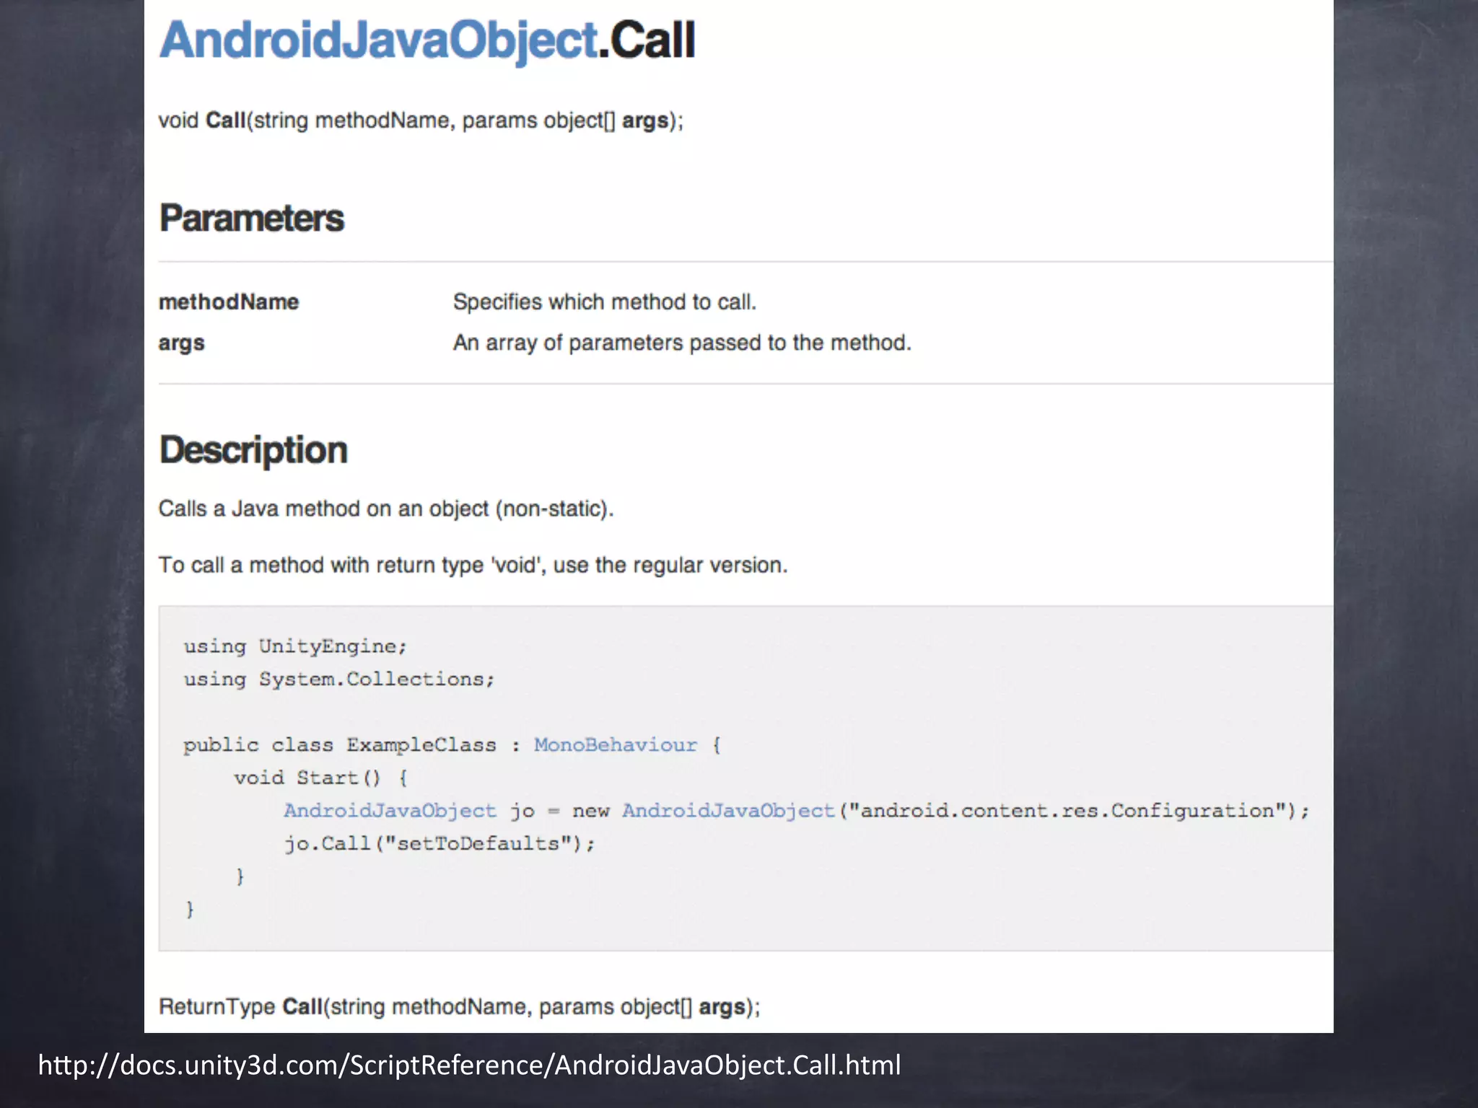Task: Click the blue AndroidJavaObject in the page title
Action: [378, 40]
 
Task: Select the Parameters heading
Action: [252, 219]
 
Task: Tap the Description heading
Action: [253, 450]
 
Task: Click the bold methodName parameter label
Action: [229, 302]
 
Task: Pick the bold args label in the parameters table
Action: [181, 343]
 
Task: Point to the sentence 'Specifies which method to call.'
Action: [604, 302]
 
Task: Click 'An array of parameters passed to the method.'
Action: [682, 343]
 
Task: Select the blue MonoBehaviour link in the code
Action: [616, 744]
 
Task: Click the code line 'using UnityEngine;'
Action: [295, 646]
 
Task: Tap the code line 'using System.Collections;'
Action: [338, 680]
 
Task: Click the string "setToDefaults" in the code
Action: [478, 843]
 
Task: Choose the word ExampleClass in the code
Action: [421, 744]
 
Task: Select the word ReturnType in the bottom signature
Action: [217, 1006]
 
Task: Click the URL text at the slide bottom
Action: [469, 1065]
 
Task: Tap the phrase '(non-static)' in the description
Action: [554, 509]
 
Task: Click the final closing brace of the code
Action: [190, 910]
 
